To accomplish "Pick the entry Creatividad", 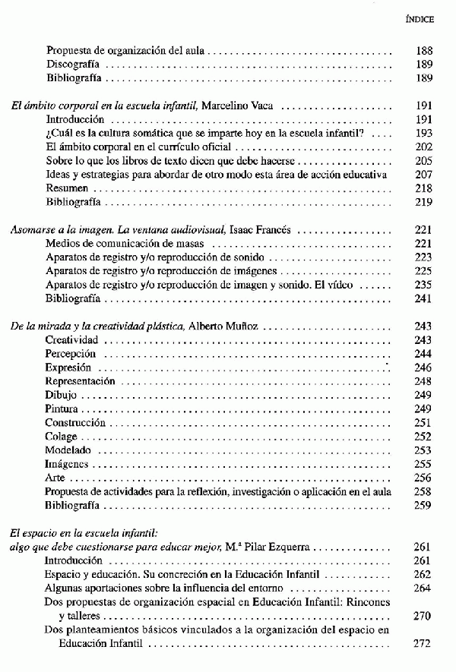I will pyautogui.click(x=71, y=339).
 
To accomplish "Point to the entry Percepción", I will pyautogui.click(x=71, y=353).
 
